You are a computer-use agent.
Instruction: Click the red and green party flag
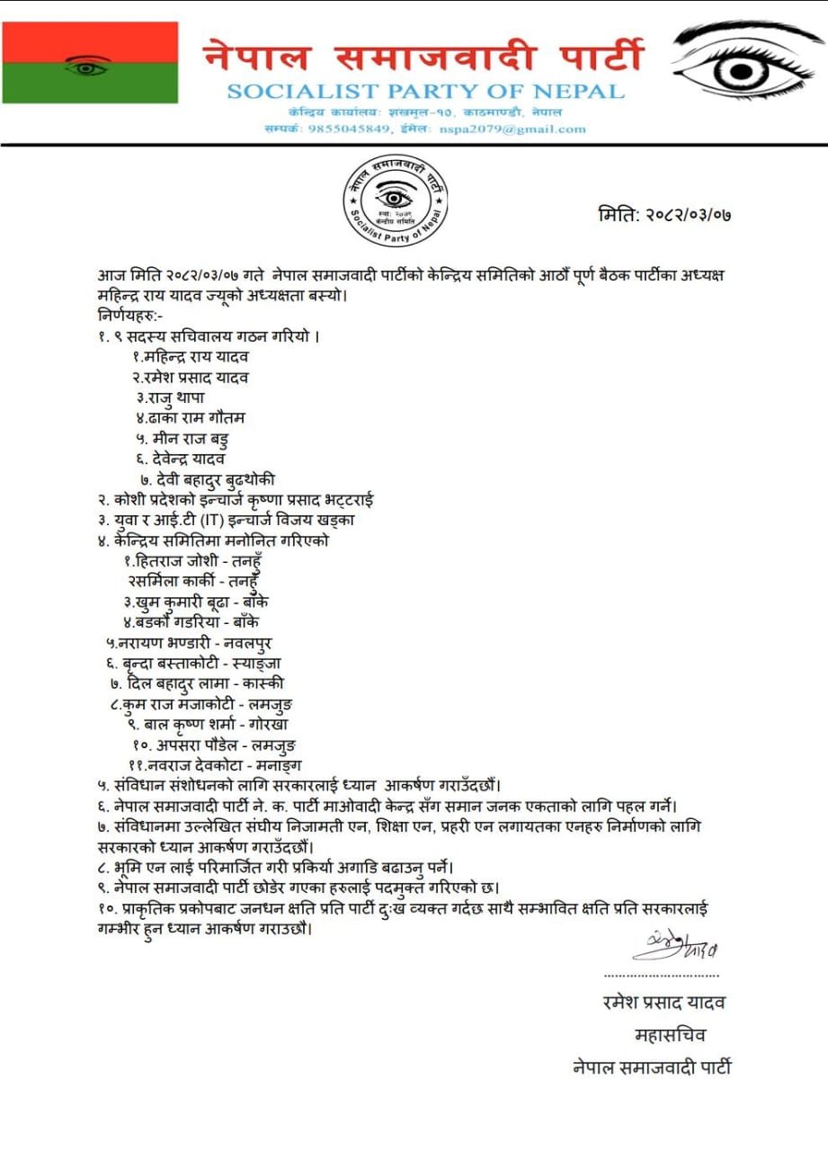[90, 62]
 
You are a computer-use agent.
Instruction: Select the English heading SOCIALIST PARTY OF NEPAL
[425, 91]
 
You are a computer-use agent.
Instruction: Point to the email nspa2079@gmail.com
[512, 129]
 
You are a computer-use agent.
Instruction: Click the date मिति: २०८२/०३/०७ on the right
[664, 216]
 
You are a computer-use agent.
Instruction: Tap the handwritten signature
[675, 946]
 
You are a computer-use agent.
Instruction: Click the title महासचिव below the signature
[670, 1035]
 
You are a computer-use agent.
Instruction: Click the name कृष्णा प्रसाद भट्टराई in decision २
[316, 499]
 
